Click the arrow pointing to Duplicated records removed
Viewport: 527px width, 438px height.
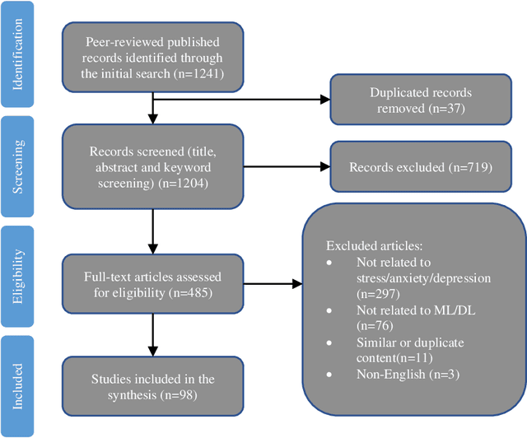point(239,101)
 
